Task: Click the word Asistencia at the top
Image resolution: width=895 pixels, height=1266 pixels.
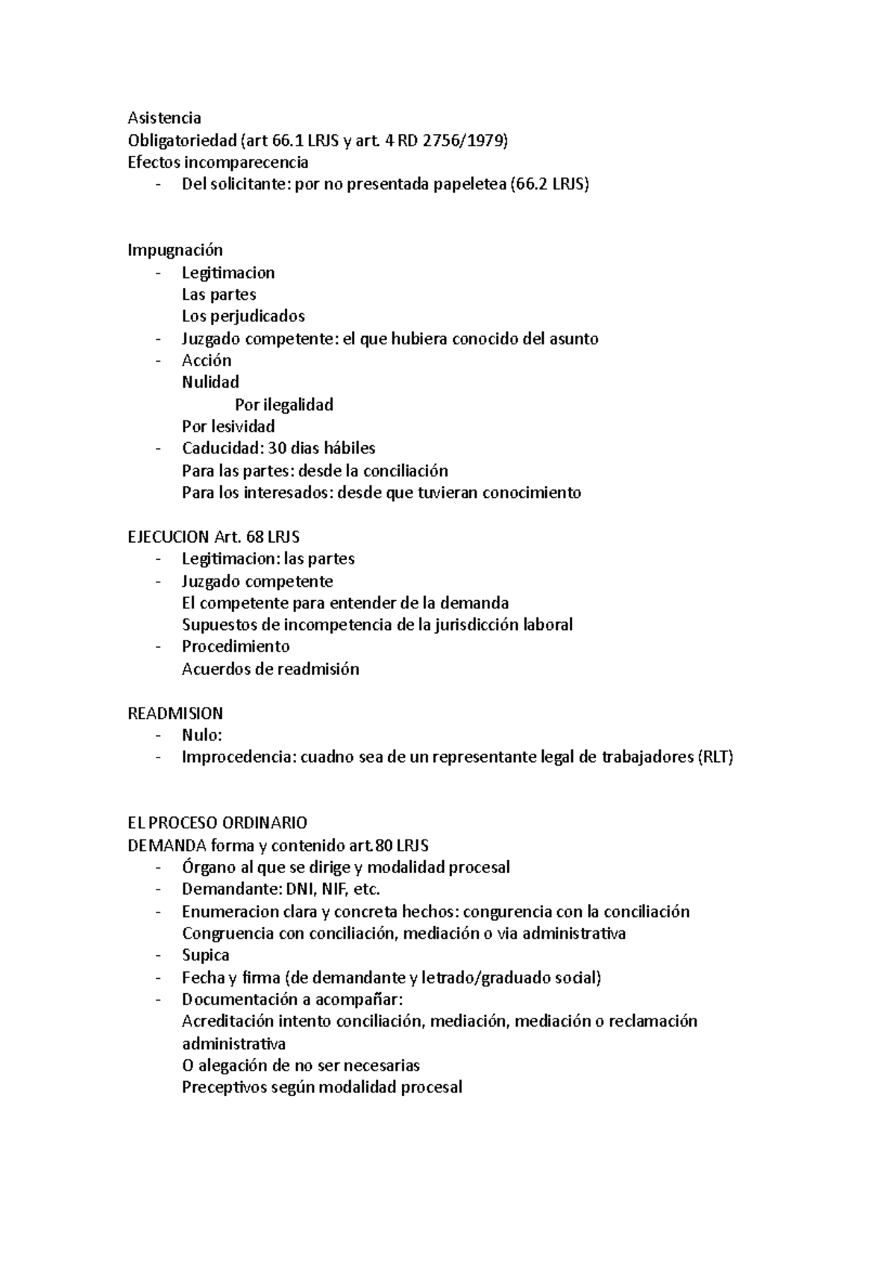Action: tap(164, 118)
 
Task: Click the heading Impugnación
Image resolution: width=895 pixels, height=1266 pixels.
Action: tap(175, 250)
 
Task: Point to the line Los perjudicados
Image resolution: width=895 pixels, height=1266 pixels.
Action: tap(243, 316)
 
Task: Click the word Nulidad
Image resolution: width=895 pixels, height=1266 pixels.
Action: tap(210, 382)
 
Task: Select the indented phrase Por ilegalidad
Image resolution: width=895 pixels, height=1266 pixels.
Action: tap(283, 405)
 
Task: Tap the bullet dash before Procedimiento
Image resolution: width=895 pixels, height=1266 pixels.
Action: tap(158, 646)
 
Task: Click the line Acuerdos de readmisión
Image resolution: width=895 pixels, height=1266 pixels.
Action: tap(270, 669)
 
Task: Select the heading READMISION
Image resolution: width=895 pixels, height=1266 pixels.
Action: tap(175, 713)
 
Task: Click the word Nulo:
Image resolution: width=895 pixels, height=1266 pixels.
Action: tap(202, 735)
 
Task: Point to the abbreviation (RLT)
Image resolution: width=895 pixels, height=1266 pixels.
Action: tap(715, 758)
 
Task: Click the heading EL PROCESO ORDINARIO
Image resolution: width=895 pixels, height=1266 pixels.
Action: tap(217, 823)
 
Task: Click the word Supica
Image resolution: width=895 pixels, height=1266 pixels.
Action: tap(206, 955)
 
